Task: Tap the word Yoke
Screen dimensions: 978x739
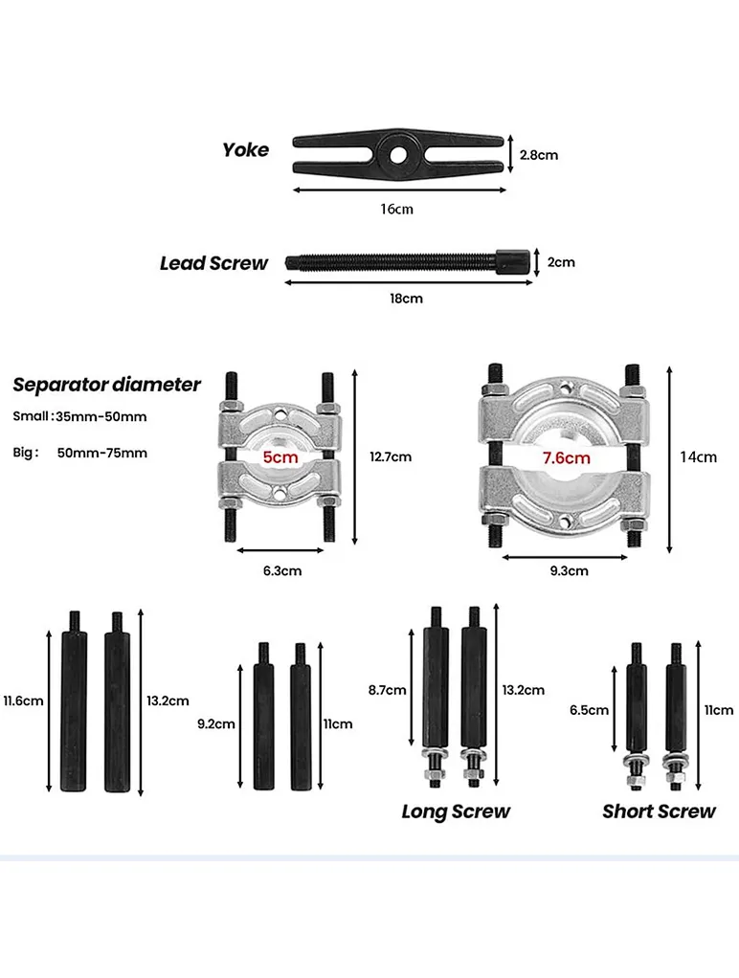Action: point(246,149)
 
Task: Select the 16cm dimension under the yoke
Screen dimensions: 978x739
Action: point(396,209)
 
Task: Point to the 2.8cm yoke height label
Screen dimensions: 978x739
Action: point(538,154)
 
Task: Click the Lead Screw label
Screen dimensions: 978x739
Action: point(214,263)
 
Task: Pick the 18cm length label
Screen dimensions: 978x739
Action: point(406,299)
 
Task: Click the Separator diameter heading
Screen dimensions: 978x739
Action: point(107,385)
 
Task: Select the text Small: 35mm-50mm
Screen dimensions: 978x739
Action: point(80,416)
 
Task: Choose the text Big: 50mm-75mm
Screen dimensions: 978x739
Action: point(80,453)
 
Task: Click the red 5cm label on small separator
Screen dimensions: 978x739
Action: point(280,458)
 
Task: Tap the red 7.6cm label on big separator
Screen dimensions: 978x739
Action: point(566,458)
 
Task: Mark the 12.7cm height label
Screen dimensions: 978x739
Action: point(391,456)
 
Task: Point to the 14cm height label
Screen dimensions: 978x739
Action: point(698,456)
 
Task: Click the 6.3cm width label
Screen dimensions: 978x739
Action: point(282,570)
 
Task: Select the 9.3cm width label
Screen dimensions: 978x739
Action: point(569,570)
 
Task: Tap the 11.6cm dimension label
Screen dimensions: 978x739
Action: point(23,700)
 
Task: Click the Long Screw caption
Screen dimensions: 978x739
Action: point(456,811)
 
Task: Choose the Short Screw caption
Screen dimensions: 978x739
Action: point(659,811)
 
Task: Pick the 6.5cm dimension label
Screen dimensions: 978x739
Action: point(589,710)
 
